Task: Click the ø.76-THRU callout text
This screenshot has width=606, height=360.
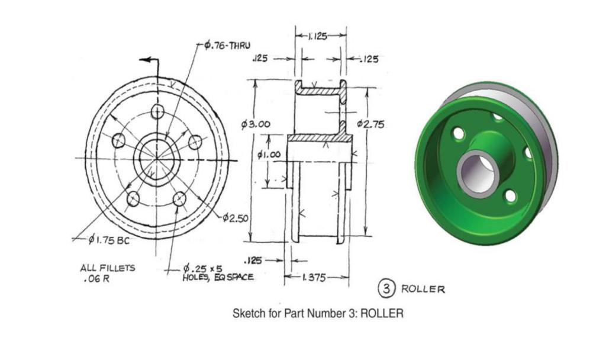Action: (227, 46)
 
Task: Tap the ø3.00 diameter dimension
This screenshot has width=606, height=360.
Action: (256, 124)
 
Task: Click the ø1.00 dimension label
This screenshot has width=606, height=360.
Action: (269, 155)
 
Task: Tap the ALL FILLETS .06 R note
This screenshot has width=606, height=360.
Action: (107, 272)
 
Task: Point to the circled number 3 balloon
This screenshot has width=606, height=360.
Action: (386, 288)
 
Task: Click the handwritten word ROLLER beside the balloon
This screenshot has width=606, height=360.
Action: (423, 289)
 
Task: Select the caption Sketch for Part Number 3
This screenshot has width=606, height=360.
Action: (318, 313)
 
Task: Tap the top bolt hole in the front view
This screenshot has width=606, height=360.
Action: (157, 111)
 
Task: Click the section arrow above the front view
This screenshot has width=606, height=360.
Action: (149, 60)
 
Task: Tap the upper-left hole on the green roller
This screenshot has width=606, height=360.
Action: (459, 133)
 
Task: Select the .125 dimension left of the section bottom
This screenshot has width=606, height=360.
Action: (254, 260)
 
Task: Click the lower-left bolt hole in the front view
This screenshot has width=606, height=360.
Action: (134, 199)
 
